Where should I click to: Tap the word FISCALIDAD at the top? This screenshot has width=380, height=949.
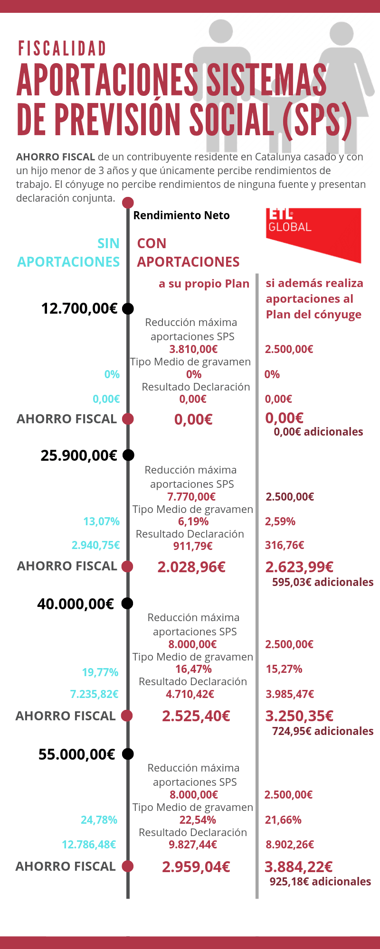click(x=62, y=49)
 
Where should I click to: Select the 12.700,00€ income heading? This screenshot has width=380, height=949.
click(x=79, y=308)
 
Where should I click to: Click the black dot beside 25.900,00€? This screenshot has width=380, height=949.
click(x=128, y=455)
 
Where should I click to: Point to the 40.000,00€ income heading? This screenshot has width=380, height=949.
click(x=76, y=604)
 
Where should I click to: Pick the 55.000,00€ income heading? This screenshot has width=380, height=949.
click(x=77, y=754)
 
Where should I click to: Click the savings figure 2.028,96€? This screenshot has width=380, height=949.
click(x=191, y=567)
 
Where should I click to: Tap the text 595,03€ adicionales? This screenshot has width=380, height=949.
click(x=323, y=582)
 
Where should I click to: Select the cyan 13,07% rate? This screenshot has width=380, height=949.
click(x=101, y=521)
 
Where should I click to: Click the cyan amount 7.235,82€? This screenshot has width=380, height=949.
click(x=95, y=694)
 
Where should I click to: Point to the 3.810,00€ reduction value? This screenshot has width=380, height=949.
click(x=193, y=349)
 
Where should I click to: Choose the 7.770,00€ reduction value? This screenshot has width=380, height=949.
click(x=191, y=497)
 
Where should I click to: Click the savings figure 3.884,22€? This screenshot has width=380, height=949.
click(x=298, y=867)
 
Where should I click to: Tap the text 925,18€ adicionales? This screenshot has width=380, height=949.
click(x=320, y=882)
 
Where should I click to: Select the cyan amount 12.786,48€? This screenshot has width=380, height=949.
click(x=89, y=845)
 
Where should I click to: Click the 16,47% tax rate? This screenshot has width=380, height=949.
click(x=193, y=669)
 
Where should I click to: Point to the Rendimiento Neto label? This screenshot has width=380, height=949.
click(x=181, y=215)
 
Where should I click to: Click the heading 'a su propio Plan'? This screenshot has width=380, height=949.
click(x=204, y=284)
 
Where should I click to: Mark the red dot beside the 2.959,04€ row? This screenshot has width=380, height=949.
click(x=127, y=866)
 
